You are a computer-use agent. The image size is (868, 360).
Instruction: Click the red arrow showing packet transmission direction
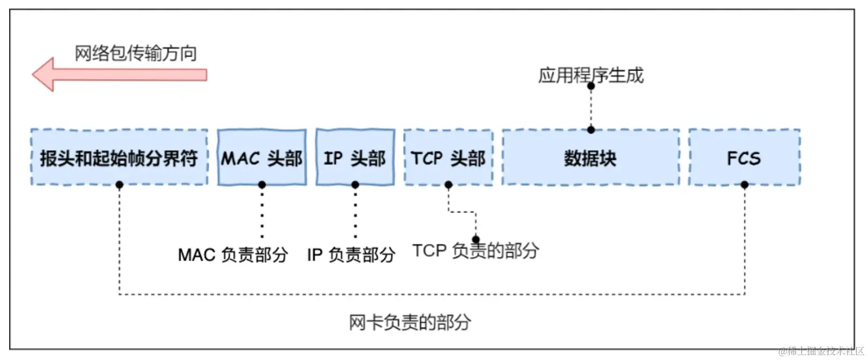[x=119, y=74]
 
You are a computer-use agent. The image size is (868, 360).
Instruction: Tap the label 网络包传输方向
[x=135, y=53]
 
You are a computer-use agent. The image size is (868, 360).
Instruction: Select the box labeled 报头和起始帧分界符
[x=119, y=158]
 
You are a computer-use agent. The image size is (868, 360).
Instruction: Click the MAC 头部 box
[x=262, y=158]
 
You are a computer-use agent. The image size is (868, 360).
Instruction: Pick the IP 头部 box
[x=355, y=158]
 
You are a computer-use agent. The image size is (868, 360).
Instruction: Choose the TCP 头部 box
[x=448, y=158]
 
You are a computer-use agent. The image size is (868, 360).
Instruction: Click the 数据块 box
[x=590, y=158]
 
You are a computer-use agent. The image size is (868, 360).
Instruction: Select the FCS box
[x=744, y=158]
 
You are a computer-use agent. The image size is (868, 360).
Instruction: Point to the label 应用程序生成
[x=591, y=75]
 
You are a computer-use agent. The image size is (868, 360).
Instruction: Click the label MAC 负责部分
[x=233, y=254]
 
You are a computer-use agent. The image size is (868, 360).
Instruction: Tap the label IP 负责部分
[x=352, y=254]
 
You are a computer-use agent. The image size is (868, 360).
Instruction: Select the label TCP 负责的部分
[x=476, y=251]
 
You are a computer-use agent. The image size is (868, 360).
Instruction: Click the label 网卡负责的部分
[x=410, y=322]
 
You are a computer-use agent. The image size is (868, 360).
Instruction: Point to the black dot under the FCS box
[x=745, y=185]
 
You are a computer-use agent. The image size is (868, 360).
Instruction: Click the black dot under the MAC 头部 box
[x=262, y=185]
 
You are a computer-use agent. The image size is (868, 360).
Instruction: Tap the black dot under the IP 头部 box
[x=355, y=185]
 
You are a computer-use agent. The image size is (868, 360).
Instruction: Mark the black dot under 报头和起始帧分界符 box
[x=119, y=185]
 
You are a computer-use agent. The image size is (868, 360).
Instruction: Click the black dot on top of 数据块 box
[x=591, y=130]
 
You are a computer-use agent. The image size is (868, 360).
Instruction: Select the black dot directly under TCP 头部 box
[x=448, y=185]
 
